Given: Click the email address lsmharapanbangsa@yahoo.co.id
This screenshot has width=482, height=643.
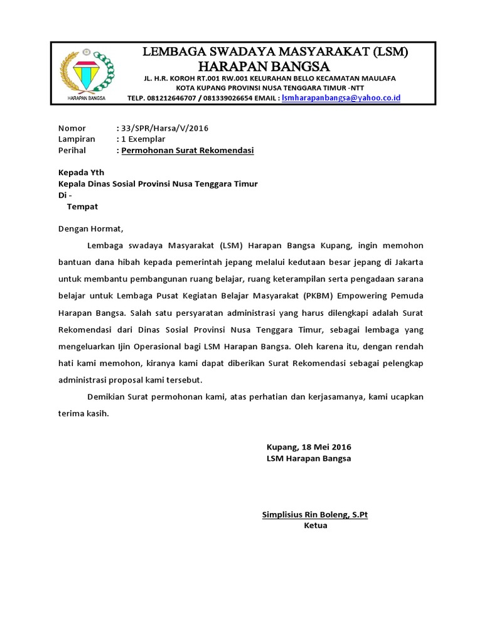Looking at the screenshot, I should coord(341,99).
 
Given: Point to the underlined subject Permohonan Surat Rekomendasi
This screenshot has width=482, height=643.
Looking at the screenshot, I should coord(188,151).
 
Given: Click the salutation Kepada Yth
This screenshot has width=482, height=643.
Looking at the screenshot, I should coord(81,172).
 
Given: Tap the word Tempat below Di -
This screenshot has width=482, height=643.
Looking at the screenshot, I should coord(82,206).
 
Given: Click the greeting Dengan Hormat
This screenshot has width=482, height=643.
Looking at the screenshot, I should coord(91,229).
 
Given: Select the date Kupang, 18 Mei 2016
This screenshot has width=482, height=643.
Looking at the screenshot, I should coord(309,447).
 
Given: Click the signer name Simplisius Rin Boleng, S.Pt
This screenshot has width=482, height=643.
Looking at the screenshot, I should coord(314,515).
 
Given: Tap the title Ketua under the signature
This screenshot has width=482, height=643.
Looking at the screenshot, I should coord(315,526).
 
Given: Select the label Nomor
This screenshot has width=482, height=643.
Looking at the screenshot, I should coord(72,128).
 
